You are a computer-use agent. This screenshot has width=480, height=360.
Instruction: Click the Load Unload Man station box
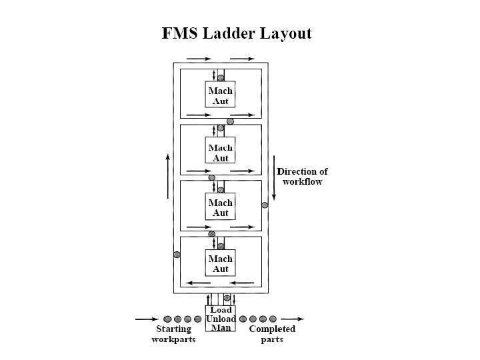pyautogui.click(x=220, y=319)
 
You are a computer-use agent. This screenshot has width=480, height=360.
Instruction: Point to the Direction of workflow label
pyautogui.click(x=302, y=176)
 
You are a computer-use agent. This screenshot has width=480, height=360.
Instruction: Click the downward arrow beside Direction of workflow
pyautogui.click(x=273, y=177)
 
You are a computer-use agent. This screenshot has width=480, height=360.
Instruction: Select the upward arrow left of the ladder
pyautogui.click(x=167, y=176)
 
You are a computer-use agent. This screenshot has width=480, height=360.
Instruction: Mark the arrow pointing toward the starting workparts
pyautogui.click(x=147, y=319)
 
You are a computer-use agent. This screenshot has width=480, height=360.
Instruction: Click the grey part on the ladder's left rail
pyautogui.click(x=177, y=254)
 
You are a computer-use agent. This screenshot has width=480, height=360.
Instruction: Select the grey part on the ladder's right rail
pyautogui.click(x=264, y=205)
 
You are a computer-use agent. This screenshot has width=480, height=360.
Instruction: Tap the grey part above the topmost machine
pyautogui.click(x=221, y=77)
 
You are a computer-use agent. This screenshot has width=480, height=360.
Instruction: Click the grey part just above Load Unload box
pyautogui.click(x=227, y=298)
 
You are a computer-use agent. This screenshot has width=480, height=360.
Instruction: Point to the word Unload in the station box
pyautogui.click(x=221, y=319)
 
